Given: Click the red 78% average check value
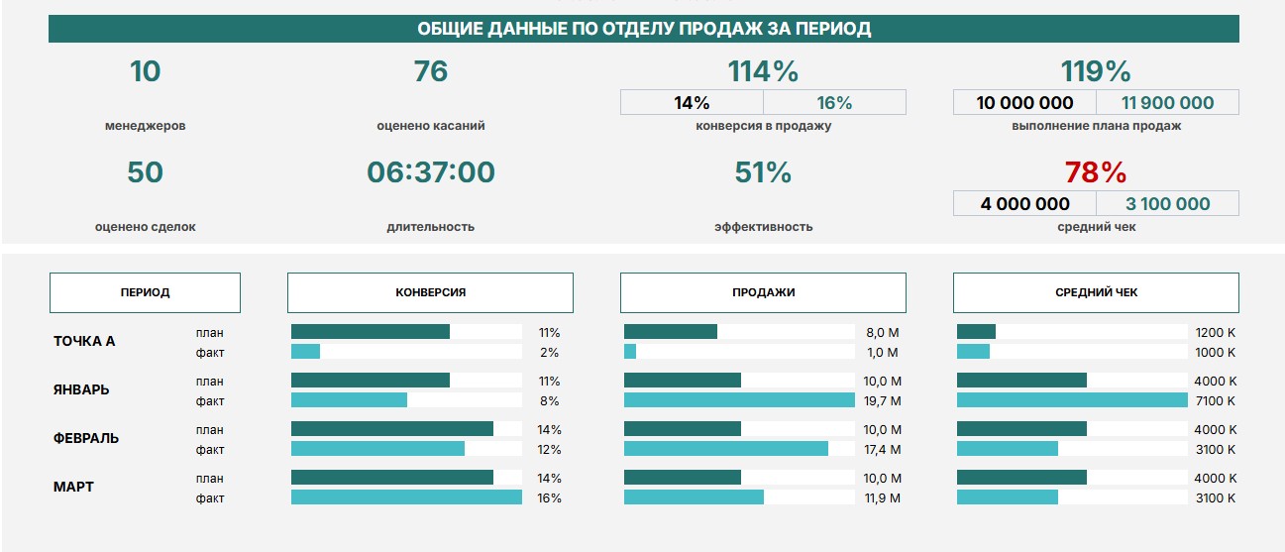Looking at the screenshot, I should pos(1096,172).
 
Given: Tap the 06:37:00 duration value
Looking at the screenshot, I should pos(431,172).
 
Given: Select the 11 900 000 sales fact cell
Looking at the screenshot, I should pos(1168,103).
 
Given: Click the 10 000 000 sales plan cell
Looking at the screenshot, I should pos(1024,103).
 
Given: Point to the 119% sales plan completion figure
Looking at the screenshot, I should pos(1096,71).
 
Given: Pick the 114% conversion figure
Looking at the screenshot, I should pos(763,71).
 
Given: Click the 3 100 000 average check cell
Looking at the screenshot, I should pos(1168,204).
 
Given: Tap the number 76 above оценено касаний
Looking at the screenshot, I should pos(431,71).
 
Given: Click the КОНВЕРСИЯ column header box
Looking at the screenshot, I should pos(430,293).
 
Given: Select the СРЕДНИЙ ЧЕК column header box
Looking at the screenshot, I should pos(1096,293).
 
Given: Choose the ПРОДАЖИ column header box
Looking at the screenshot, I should pos(763,293).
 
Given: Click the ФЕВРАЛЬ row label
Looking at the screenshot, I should pos(86,438).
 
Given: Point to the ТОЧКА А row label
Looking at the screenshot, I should pos(84,342).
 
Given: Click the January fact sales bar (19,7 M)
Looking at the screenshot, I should pos(739,400).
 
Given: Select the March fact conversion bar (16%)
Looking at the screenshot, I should pos(406,497).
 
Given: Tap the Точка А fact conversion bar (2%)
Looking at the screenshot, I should pos(305,352).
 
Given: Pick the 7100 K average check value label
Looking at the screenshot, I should pos(1216,401).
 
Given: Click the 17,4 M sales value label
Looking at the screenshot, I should pos(882,450).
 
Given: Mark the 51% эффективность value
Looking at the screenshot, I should pos(763,172).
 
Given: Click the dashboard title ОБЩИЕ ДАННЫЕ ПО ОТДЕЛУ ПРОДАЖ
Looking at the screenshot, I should pos(644,29).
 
